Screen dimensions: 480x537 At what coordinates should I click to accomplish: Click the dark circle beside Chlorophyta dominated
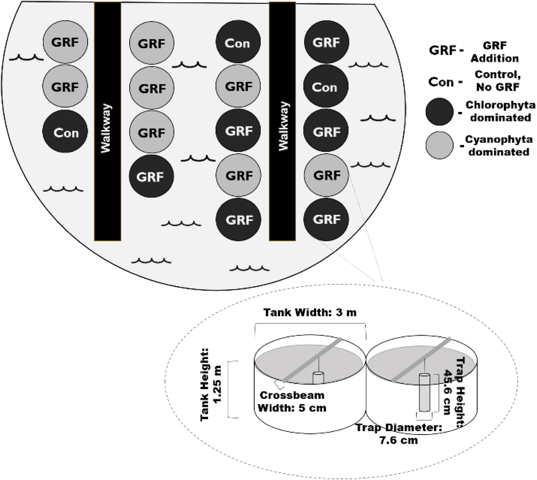coord(439,112)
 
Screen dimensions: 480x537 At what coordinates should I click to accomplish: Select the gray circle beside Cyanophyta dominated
coord(439,145)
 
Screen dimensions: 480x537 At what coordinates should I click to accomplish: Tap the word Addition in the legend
coord(494,58)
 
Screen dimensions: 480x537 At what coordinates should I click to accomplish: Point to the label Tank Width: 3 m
coord(310,313)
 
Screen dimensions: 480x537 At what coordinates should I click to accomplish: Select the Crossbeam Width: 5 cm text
coord(292,401)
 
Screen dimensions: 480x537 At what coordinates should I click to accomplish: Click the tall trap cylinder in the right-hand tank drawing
coord(424,393)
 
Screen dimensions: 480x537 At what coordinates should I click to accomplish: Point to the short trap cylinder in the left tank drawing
coord(318,378)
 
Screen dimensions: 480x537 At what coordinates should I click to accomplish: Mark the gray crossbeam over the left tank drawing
coord(311,360)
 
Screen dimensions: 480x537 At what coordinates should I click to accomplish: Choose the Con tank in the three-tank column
coord(65,131)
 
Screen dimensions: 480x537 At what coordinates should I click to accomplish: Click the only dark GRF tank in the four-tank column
coord(151,176)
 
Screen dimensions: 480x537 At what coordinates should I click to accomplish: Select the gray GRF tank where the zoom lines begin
coord(326,175)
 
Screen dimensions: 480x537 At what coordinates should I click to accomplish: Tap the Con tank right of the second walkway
coord(325,86)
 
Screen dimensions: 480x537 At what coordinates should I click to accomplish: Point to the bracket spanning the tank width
coord(310,324)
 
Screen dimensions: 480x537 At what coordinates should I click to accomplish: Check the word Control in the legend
coord(497,75)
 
